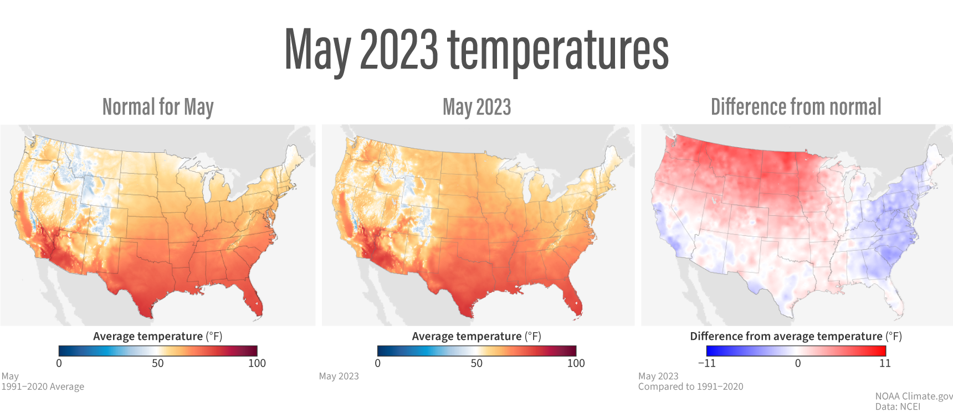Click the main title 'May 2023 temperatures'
pos(476,50)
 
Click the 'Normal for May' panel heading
pos(158,107)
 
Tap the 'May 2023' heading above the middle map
pos(476,107)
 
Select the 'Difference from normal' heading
pos(796,107)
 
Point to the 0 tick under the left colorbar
pos(59,363)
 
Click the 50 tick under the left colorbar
pos(158,363)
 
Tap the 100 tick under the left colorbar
pos(257,363)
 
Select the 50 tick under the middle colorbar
pos(476,363)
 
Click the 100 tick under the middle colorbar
pos(576,363)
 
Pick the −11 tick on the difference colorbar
pos(706,363)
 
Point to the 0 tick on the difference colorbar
pos(798,363)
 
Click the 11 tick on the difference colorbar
pos(885,363)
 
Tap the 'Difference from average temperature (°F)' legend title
pos(796,336)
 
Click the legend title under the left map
pos(158,336)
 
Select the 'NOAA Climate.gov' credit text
pos(914,396)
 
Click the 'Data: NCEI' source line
pos(898,406)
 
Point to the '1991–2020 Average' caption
pos(43,386)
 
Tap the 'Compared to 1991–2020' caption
pos(690,386)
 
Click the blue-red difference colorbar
pos(796,350)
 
